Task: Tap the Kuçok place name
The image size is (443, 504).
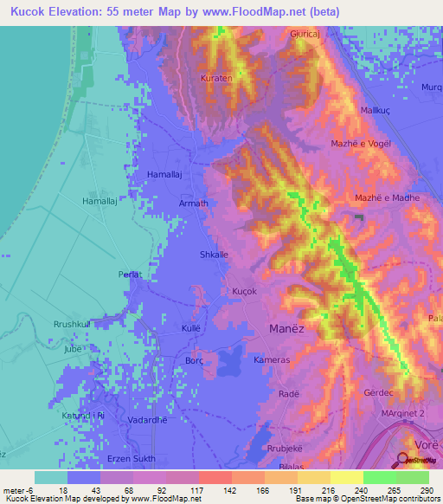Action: pyautogui.click(x=245, y=292)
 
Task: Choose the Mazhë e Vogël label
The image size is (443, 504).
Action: pyautogui.click(x=362, y=143)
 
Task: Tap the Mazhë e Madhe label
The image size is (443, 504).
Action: pyautogui.click(x=387, y=198)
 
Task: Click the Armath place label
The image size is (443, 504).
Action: pyautogui.click(x=194, y=204)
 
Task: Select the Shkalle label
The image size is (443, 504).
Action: pyautogui.click(x=214, y=255)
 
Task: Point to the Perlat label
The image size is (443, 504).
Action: pyautogui.click(x=130, y=275)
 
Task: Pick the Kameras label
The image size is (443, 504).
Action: pyautogui.click(x=272, y=359)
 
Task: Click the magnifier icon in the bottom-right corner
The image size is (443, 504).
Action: pyautogui.click(x=404, y=459)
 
